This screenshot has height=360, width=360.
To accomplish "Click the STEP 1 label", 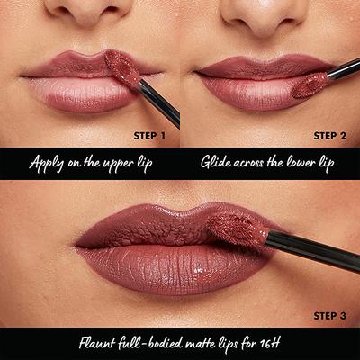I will (x=149, y=136).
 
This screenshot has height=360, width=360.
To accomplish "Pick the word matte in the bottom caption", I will (x=200, y=343).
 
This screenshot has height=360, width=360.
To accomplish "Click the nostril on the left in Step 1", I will (x=66, y=13).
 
